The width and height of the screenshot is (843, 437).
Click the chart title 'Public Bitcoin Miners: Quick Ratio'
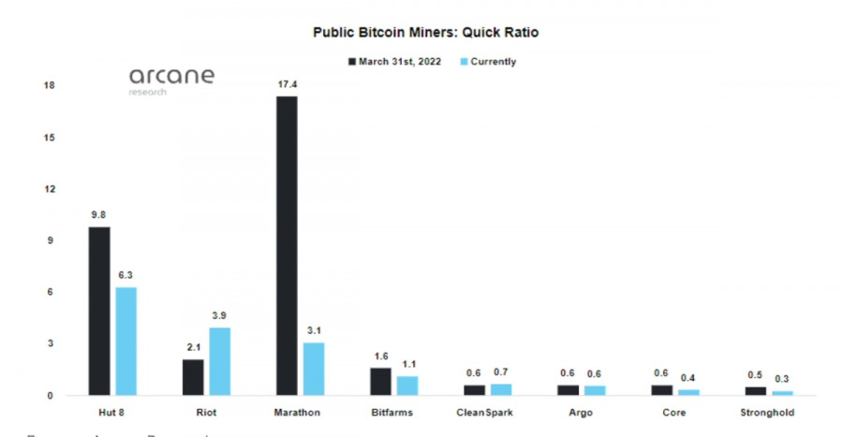pyautogui.click(x=426, y=32)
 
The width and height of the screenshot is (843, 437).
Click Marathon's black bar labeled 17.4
pyautogui.click(x=287, y=245)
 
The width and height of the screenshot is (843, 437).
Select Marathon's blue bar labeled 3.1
pyautogui.click(x=314, y=369)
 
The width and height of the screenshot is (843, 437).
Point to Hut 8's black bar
pyautogui.click(x=99, y=311)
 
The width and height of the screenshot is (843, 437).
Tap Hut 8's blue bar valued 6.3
pyautogui.click(x=126, y=341)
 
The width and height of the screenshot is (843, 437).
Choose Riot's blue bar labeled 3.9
pyautogui.click(x=220, y=361)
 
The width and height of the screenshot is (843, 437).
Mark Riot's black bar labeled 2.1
pyautogui.click(x=193, y=377)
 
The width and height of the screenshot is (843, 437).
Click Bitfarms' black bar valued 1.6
pyautogui.click(x=380, y=381)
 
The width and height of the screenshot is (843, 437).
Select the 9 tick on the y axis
pyautogui.click(x=52, y=240)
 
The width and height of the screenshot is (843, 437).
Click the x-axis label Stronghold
pyautogui.click(x=768, y=412)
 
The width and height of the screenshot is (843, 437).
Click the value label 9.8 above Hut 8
pyautogui.click(x=98, y=214)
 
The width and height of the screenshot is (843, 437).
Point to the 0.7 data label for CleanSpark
pyautogui.click(x=502, y=373)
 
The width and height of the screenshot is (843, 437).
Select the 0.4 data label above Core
pyautogui.click(x=689, y=378)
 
